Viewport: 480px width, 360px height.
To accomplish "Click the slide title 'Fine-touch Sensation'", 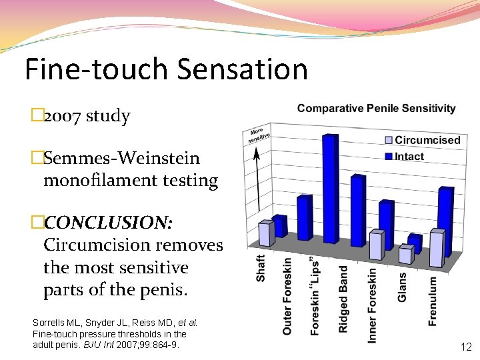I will pyautogui.click(x=166, y=69).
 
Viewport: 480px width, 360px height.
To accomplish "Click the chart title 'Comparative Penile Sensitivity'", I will pyautogui.click(x=377, y=108).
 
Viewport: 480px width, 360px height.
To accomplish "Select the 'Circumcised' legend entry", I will pyautogui.click(x=427, y=140).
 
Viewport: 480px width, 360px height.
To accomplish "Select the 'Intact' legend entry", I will pyautogui.click(x=409, y=156).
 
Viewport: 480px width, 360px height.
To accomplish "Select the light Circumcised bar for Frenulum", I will pyautogui.click(x=437, y=248).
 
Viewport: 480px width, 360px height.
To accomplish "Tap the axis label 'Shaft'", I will pyautogui.click(x=261, y=267).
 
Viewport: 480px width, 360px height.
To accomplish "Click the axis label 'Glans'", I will pyautogui.click(x=402, y=287).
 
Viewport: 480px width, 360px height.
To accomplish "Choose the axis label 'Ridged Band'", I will pyautogui.click(x=343, y=299).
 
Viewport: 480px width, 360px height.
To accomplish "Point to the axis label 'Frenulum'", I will pyautogui.click(x=432, y=301).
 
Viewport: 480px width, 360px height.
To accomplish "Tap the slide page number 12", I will pyautogui.click(x=466, y=347).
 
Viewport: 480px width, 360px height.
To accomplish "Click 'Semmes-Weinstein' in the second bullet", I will pyautogui.click(x=121, y=159).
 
